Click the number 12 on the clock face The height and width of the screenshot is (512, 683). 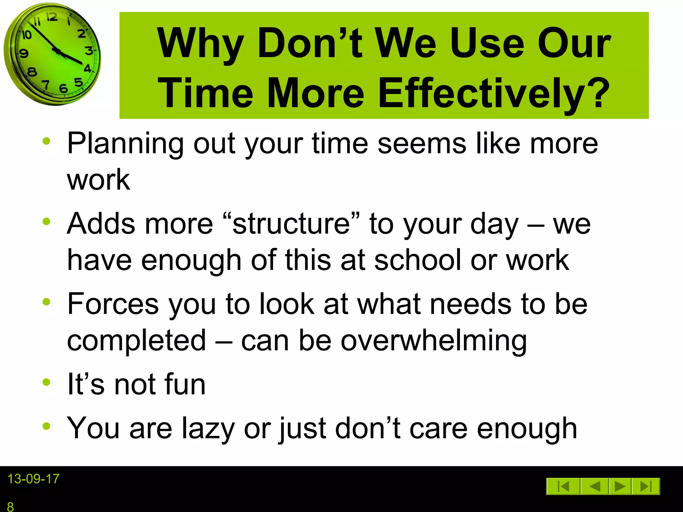tap(52, 17)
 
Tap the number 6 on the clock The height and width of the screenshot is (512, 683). tap(63, 88)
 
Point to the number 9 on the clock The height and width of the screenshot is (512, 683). tap(24, 53)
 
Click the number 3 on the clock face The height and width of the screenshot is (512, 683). tap(89, 51)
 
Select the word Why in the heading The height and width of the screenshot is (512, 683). tap(200, 44)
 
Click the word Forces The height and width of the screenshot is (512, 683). tap(113, 304)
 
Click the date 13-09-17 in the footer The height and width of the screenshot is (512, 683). tap(33, 479)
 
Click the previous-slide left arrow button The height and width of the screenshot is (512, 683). tap(595, 486)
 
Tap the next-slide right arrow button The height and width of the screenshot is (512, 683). tap(620, 486)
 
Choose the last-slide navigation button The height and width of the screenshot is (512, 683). tap(646, 486)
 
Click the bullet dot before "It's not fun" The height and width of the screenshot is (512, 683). tap(46, 382)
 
